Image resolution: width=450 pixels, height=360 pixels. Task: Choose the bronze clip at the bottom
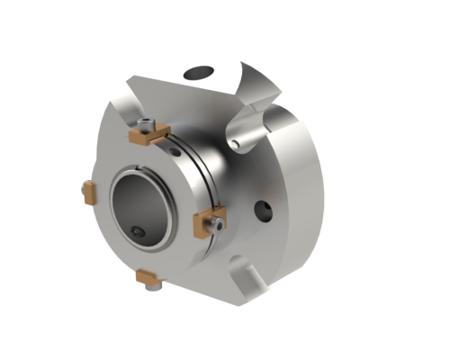(x=148, y=280)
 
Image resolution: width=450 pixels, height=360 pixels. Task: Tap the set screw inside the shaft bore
(x=137, y=233)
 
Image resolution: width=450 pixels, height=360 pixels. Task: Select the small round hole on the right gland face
(x=261, y=212)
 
